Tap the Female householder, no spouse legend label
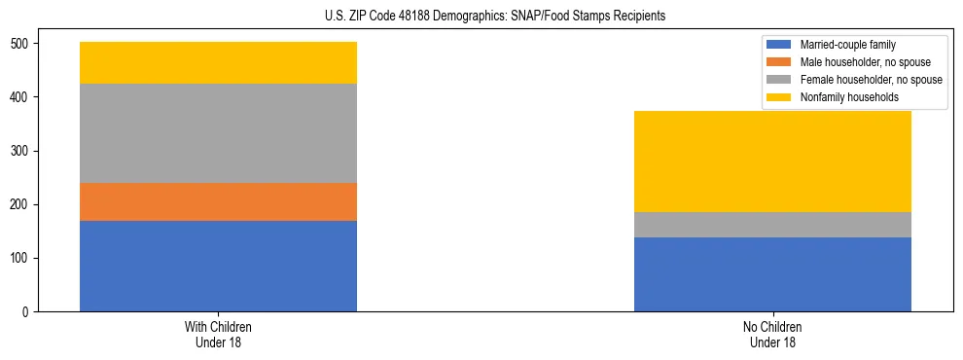pyautogui.click(x=870, y=80)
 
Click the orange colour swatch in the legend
pyautogui.click(x=779, y=62)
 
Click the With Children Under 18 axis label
pyautogui.click(x=218, y=335)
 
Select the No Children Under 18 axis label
pyautogui.click(x=772, y=335)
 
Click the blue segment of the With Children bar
pyautogui.click(x=218, y=266)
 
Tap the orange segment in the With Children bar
pyautogui.click(x=218, y=202)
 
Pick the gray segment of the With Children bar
pyautogui.click(x=218, y=133)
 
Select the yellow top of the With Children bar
pyautogui.click(x=218, y=63)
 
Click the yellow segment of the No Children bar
pyautogui.click(x=772, y=162)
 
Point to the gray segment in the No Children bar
pyautogui.click(x=772, y=225)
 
